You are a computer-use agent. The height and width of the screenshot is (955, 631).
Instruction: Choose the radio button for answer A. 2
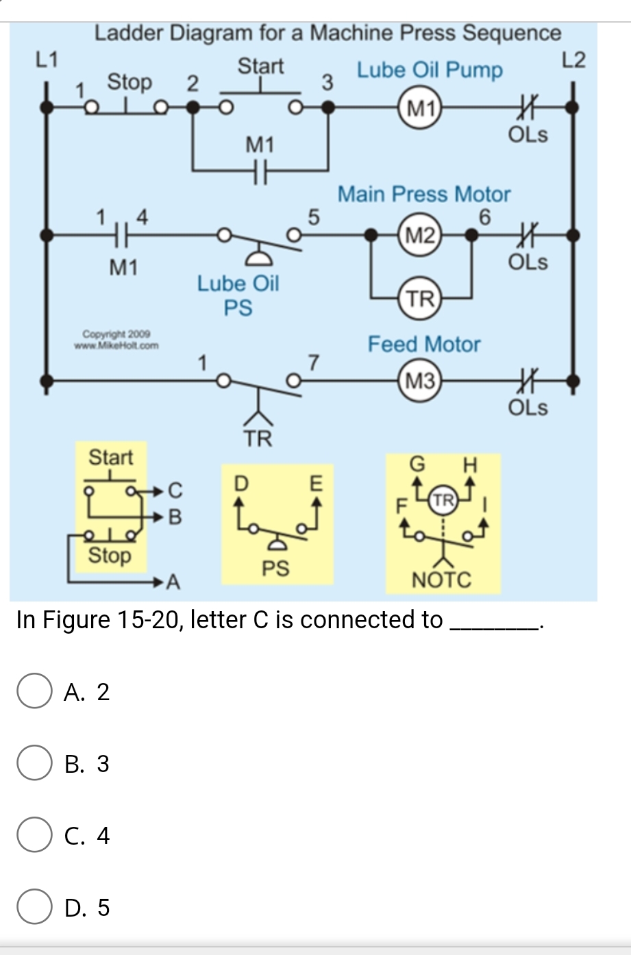[34, 692]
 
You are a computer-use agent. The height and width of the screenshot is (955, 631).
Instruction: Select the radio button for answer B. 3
[34, 764]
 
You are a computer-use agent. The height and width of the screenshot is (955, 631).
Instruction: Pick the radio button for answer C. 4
[34, 836]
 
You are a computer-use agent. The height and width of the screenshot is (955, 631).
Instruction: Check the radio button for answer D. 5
[34, 908]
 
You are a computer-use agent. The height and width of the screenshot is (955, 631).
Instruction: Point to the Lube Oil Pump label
[430, 70]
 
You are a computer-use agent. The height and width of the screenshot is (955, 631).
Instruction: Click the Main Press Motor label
[424, 194]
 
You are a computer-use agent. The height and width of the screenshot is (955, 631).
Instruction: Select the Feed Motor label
[424, 344]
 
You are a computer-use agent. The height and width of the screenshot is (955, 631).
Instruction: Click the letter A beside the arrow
[173, 583]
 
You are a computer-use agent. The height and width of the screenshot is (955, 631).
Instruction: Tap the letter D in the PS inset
[240, 483]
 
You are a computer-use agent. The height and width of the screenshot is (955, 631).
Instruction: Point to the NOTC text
[441, 580]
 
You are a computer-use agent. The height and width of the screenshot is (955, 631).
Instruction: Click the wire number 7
[314, 362]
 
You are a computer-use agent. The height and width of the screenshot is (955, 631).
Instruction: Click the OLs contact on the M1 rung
[527, 108]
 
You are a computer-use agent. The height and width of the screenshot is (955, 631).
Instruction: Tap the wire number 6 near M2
[485, 217]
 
